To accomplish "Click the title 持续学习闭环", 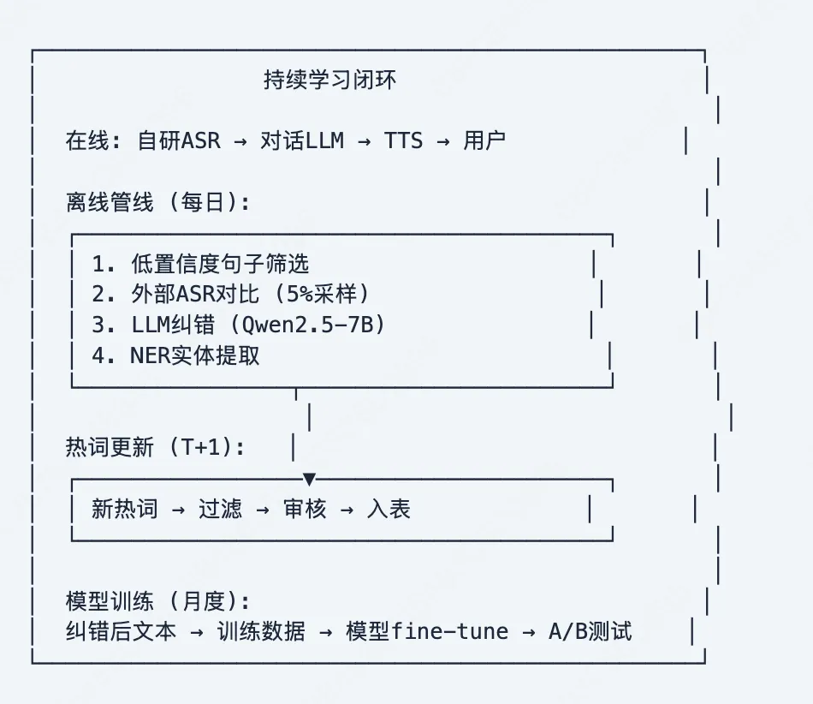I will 329,81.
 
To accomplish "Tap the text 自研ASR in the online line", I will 178,140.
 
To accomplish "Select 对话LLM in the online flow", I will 302,140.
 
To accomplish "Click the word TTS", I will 403,140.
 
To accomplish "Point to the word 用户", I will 484,140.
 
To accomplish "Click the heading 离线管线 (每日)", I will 158,202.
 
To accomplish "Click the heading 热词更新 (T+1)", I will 155,447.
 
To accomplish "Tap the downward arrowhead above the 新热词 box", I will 310,479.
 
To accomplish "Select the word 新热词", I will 125,509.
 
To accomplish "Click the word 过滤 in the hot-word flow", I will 220,509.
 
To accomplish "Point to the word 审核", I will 305,509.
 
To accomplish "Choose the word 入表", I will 389,509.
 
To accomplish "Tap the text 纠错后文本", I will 121,632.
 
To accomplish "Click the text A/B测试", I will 590,632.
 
